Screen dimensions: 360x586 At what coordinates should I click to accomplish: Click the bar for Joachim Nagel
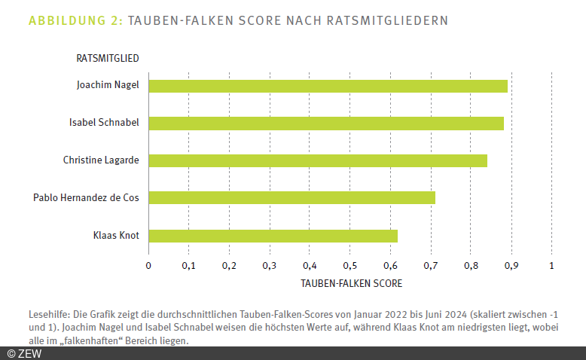tap(328, 85)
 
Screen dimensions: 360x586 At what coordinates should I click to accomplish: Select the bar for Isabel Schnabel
tap(325, 123)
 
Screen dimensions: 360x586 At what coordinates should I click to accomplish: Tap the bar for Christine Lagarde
tap(317, 160)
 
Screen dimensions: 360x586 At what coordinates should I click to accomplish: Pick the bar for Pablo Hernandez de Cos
tap(291, 198)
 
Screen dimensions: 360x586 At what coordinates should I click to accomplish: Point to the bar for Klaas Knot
tap(273, 236)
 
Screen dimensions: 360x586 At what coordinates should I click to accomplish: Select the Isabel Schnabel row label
tap(104, 123)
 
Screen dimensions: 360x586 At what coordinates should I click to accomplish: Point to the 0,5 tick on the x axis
tap(349, 265)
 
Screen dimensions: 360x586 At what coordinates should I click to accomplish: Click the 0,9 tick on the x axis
tap(511, 265)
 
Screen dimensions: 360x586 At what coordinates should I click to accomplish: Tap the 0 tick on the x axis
tap(148, 265)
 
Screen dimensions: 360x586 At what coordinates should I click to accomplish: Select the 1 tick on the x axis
tap(552, 265)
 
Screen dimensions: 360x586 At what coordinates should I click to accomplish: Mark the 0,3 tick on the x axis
tap(269, 265)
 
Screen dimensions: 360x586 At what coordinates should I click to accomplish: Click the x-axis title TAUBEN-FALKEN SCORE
tap(351, 284)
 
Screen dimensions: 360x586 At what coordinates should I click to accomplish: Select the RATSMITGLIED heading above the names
tap(108, 58)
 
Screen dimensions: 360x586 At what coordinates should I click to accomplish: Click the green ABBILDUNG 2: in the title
tap(75, 20)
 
